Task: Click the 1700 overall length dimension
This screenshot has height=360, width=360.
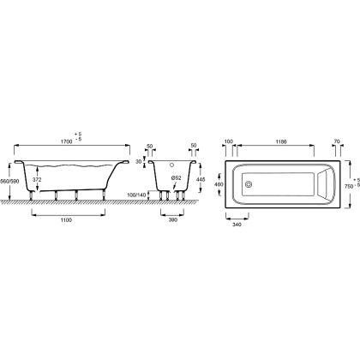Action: (66, 142)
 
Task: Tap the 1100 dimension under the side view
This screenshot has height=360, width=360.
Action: (66, 219)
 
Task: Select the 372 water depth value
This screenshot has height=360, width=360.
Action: (37, 180)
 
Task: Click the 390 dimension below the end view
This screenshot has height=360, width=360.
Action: (173, 219)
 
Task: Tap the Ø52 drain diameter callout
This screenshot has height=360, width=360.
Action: (177, 177)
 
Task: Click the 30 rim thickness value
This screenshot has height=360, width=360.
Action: (139, 162)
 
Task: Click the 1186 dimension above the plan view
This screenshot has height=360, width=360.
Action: (281, 141)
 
